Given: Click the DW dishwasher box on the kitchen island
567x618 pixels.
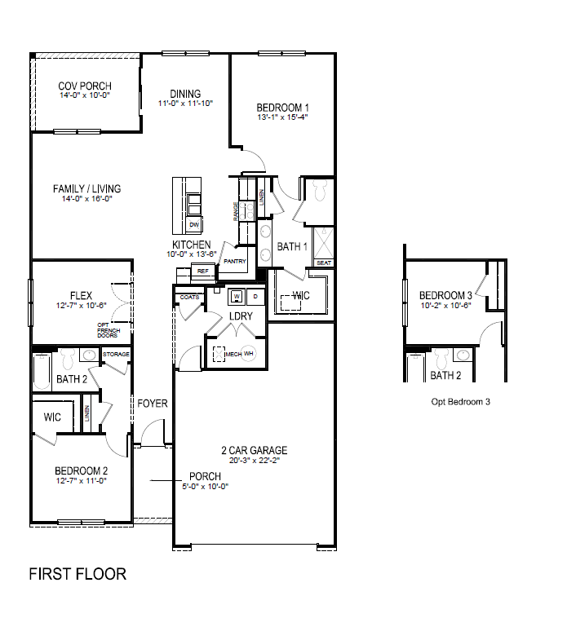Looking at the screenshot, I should [x=194, y=224].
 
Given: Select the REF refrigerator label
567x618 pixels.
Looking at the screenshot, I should [x=202, y=271].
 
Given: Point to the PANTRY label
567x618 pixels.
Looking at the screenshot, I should [x=235, y=261].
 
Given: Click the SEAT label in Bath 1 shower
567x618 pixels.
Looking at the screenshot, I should [x=323, y=263].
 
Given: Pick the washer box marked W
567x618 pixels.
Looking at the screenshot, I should [x=237, y=296].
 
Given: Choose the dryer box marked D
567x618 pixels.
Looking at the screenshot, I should [x=255, y=296].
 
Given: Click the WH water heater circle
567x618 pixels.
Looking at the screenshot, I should [x=249, y=354].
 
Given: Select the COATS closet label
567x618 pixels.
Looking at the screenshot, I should [x=189, y=298].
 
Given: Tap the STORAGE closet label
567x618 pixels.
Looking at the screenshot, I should [x=116, y=354].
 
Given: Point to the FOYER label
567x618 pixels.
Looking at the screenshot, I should [x=152, y=403].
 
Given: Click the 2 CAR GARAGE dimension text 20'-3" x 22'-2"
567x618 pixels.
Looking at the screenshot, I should [x=254, y=461].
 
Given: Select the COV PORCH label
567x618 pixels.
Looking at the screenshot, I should [x=85, y=86].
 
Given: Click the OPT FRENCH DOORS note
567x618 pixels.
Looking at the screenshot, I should [x=109, y=329].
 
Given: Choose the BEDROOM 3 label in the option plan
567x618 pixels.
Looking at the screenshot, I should [x=445, y=295].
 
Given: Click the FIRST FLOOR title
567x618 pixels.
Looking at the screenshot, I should [x=78, y=574].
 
